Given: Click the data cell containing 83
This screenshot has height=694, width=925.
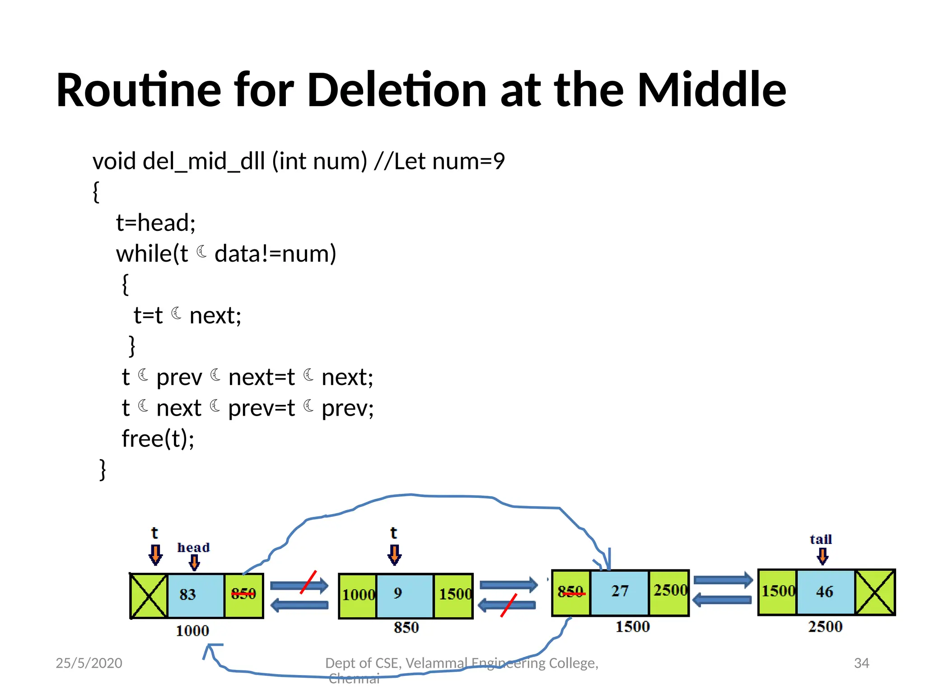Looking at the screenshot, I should click(x=195, y=595).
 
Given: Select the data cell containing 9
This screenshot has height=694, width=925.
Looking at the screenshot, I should click(x=405, y=595).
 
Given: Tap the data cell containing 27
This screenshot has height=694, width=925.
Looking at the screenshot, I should click(x=619, y=592).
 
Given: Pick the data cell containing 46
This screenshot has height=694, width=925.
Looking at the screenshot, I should click(x=825, y=592).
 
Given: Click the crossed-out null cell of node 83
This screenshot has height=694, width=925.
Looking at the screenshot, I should click(x=149, y=595).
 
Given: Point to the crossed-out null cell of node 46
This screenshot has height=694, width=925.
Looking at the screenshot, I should click(x=875, y=592).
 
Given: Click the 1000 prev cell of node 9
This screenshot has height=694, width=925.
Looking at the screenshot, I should click(x=358, y=595).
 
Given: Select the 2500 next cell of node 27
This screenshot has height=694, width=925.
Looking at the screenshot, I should click(x=669, y=591).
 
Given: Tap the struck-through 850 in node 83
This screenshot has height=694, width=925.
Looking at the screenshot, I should click(x=243, y=594).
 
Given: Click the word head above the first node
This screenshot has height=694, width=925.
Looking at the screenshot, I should click(x=193, y=548).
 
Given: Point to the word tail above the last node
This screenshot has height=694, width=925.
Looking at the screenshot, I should click(x=821, y=539).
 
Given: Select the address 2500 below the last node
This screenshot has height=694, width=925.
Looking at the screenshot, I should click(x=825, y=627).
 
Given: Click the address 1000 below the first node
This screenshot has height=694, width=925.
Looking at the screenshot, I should click(x=192, y=630).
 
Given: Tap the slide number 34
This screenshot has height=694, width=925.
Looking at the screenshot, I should click(x=861, y=663).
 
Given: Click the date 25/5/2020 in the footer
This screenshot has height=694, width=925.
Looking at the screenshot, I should click(x=89, y=663).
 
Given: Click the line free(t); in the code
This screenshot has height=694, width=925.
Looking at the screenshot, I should click(x=158, y=438).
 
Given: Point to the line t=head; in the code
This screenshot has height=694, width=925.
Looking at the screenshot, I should click(x=156, y=223).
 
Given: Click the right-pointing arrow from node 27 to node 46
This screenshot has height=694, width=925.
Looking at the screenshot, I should click(x=723, y=580).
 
